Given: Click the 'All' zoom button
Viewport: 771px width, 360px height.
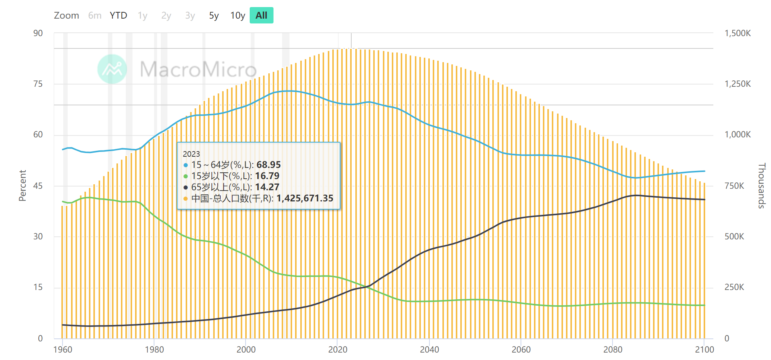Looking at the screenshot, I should pyautogui.click(x=261, y=15).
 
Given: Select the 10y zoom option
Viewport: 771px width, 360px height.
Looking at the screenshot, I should pyautogui.click(x=237, y=16).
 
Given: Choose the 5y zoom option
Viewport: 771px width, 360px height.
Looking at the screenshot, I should pyautogui.click(x=214, y=16).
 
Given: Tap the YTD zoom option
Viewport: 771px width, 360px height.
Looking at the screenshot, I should pyautogui.click(x=118, y=16).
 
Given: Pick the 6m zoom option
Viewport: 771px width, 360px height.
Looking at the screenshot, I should pyautogui.click(x=95, y=16).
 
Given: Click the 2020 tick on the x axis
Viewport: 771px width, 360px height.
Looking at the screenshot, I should pyautogui.click(x=337, y=350).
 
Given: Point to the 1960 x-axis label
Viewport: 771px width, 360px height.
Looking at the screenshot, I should pyautogui.click(x=63, y=350).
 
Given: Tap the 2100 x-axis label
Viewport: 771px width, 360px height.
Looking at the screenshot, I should pyautogui.click(x=704, y=350).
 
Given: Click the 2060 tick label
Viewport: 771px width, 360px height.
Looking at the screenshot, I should pyautogui.click(x=521, y=350).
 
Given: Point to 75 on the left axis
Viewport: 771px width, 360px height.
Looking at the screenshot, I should pyautogui.click(x=38, y=84).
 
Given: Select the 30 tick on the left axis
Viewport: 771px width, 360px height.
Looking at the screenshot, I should pyautogui.click(x=38, y=236).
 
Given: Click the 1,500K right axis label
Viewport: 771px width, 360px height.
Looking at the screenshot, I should pyautogui.click(x=738, y=33).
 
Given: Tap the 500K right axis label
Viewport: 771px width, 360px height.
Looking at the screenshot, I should pyautogui.click(x=734, y=236).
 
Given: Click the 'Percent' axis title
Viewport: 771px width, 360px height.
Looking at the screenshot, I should pyautogui.click(x=23, y=185).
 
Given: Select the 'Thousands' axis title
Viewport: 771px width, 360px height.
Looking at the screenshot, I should pyautogui.click(x=762, y=185).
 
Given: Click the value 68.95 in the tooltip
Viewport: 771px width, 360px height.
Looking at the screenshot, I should pyautogui.click(x=269, y=165).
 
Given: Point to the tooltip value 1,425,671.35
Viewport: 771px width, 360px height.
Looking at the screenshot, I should pyautogui.click(x=305, y=198).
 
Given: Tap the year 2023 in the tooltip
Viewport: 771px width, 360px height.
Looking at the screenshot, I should pyautogui.click(x=191, y=154).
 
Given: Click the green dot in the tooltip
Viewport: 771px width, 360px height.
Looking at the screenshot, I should pyautogui.click(x=186, y=176).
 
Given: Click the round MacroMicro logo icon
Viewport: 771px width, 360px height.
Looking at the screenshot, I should pyautogui.click(x=112, y=69).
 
